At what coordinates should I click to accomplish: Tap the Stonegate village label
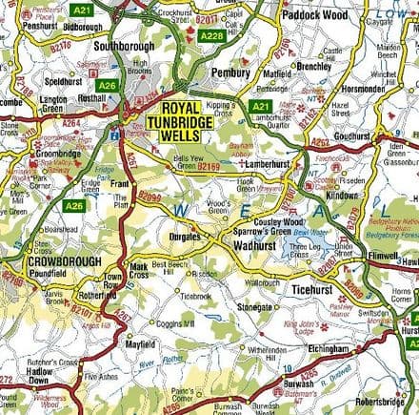[255, 308]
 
